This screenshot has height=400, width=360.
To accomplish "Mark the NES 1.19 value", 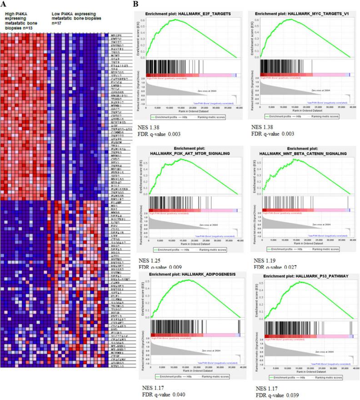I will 263,260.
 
